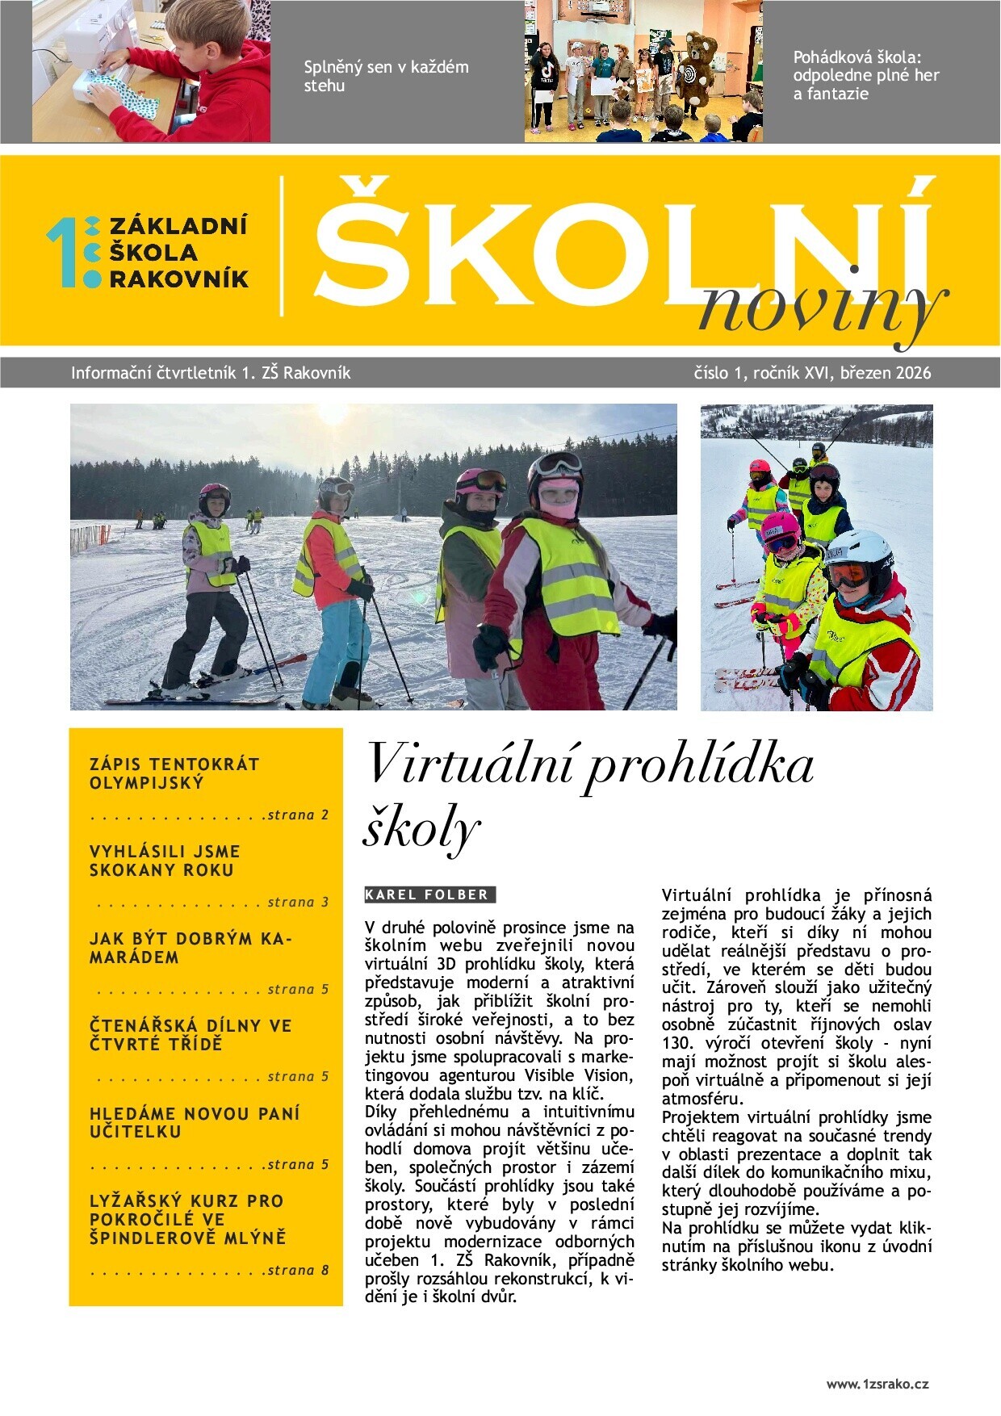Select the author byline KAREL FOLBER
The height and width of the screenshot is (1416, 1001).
(x=428, y=894)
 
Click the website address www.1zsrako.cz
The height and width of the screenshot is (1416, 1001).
(x=877, y=1384)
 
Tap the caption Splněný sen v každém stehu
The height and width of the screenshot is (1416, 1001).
(x=386, y=76)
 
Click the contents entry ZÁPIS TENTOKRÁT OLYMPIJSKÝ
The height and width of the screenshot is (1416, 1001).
(x=174, y=773)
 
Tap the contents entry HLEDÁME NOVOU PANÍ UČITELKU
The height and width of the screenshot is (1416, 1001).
(x=194, y=1122)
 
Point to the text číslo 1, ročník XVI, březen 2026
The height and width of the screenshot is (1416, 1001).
(x=812, y=373)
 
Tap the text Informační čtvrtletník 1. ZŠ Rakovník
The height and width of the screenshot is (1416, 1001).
(x=211, y=373)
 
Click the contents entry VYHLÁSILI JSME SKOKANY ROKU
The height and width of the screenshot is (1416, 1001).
(x=165, y=861)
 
